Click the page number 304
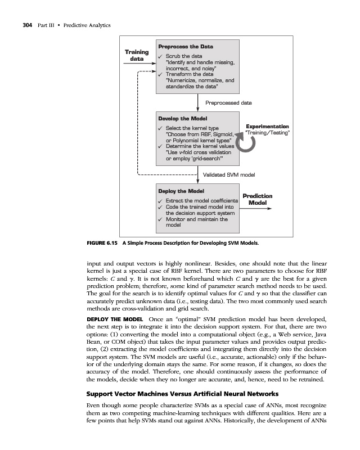(x=23, y=26)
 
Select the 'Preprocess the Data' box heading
(x=186, y=46)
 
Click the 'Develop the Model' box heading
(x=183, y=118)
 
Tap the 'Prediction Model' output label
(x=258, y=199)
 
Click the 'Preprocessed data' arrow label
(x=228, y=103)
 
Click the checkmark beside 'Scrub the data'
(x=161, y=56)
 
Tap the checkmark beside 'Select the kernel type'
(x=161, y=129)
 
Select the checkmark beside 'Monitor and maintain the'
(x=161, y=219)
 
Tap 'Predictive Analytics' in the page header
(x=84, y=26)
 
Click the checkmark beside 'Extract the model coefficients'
(x=161, y=201)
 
